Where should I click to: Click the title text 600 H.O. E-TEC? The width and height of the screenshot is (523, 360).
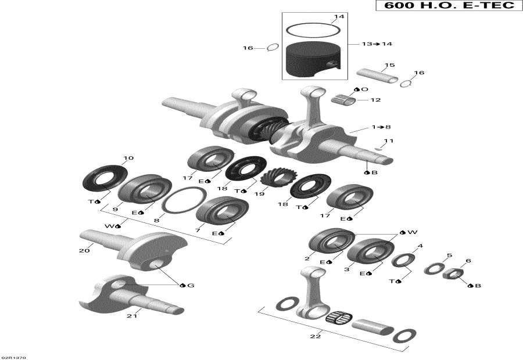pyautogui.click(x=446, y=6)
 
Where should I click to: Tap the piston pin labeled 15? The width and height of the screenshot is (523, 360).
pyautogui.click(x=377, y=76)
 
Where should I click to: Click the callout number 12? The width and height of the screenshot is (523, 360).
pyautogui.click(x=375, y=100)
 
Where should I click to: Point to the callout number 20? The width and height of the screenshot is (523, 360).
pyautogui.click(x=84, y=251)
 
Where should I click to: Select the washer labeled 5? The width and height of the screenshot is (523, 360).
pyautogui.click(x=433, y=268)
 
